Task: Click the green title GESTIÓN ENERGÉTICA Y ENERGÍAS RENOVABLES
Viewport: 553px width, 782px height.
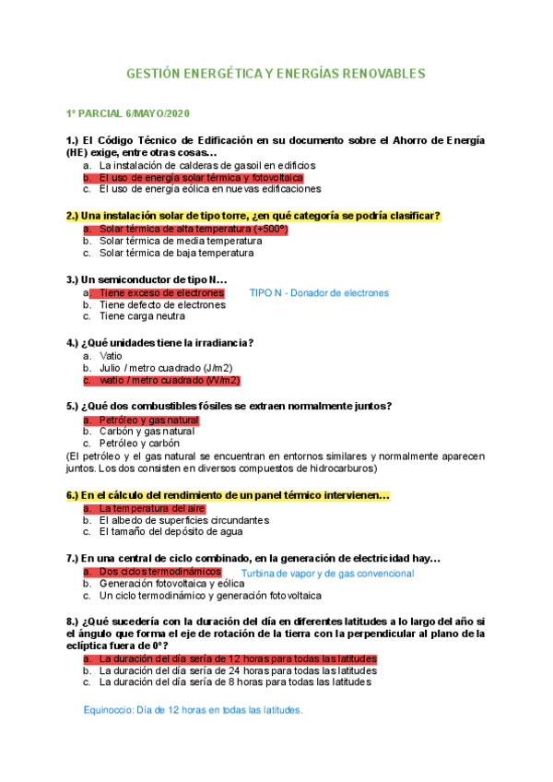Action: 276,73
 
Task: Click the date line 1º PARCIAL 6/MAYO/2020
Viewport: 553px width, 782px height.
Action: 127,113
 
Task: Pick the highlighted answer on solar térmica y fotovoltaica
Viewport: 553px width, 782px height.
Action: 201,177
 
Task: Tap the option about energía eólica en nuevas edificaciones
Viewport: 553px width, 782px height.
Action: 209,189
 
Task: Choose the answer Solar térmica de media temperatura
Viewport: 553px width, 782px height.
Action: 181,241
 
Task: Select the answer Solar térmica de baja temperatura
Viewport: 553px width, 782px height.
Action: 176,253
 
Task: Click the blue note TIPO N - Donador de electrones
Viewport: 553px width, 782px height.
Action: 320,292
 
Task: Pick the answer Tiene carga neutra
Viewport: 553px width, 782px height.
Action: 142,316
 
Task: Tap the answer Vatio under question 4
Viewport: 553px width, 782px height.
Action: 111,355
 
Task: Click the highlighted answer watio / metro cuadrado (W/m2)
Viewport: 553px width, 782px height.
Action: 170,380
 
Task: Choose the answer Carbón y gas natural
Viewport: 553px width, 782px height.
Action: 147,431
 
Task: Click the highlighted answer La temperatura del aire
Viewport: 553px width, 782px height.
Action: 152,508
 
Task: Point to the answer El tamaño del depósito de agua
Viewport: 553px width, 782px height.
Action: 171,531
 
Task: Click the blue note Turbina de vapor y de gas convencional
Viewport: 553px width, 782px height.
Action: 327,574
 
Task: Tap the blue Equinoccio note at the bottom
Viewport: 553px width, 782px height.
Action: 193,710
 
